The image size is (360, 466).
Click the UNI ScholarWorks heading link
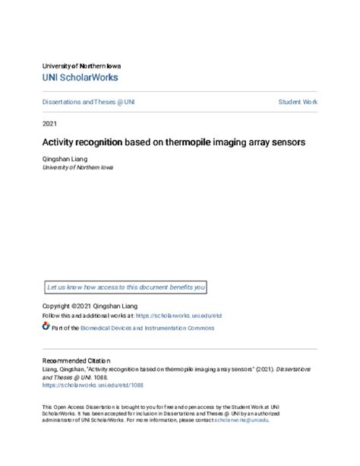point(80,78)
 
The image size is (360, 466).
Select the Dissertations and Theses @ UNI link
point(88,102)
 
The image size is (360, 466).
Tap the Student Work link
point(298,102)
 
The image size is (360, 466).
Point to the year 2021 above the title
point(49,122)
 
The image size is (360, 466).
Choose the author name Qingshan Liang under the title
point(66,159)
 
